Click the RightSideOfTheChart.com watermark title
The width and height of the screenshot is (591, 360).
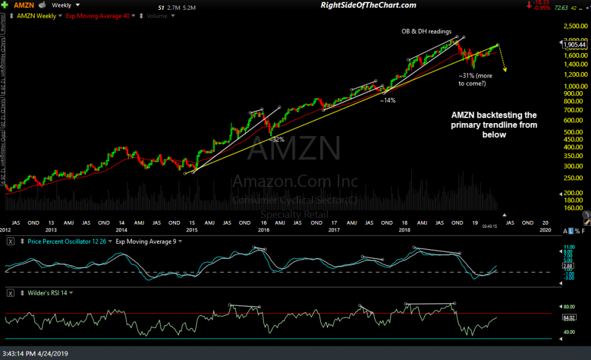pos(369,6)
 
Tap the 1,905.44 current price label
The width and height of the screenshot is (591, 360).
pos(574,44)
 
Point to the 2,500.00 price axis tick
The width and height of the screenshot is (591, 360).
pos(576,27)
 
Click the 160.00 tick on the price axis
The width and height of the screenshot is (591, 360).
pos(574,207)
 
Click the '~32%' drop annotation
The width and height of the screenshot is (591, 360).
pos(276,140)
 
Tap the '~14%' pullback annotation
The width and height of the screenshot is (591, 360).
pos(387,100)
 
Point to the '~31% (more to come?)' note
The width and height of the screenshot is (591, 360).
pos(472,79)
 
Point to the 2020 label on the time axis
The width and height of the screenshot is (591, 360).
pos(545,222)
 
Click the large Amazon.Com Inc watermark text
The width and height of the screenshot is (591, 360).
pos(295,182)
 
